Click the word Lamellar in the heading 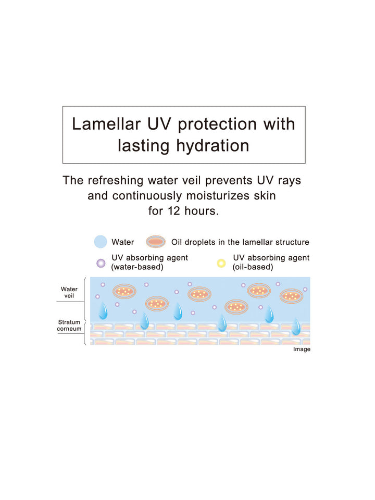(x=106, y=124)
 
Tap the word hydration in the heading (x=213, y=146)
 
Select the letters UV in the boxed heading (x=159, y=124)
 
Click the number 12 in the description (x=174, y=211)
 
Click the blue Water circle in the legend (x=101, y=242)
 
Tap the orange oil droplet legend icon (x=156, y=242)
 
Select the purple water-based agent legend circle (x=101, y=264)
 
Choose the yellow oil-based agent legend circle (x=221, y=264)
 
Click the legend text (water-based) (x=137, y=267)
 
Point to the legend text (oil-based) (x=253, y=267)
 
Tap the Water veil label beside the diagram (x=69, y=292)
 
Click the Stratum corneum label (x=69, y=325)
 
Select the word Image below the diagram (x=302, y=349)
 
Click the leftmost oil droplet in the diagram (x=124, y=291)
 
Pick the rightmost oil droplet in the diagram (x=292, y=296)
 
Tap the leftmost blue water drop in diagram (x=103, y=311)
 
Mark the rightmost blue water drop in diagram (x=296, y=327)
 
